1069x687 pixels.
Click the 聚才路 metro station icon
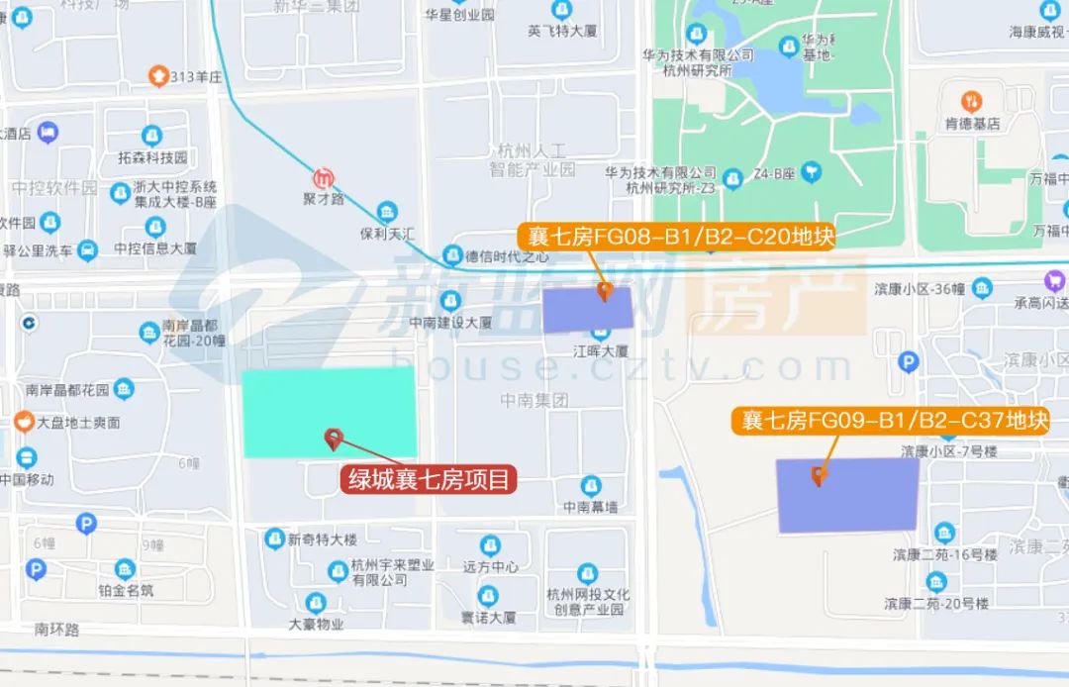[324, 179]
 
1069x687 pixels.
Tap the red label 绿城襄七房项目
[431, 481]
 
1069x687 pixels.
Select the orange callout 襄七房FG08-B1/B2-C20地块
[677, 237]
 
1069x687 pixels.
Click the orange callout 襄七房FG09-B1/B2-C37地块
[890, 421]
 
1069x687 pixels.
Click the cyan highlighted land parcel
[329, 412]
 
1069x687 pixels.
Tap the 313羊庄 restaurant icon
[156, 75]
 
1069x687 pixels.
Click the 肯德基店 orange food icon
[973, 101]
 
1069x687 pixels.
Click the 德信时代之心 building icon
[453, 254]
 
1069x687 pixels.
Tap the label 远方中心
[490, 567]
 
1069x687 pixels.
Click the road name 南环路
[56, 629]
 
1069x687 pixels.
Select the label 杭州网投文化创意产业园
[587, 602]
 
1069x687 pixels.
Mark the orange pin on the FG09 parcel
[819, 476]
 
